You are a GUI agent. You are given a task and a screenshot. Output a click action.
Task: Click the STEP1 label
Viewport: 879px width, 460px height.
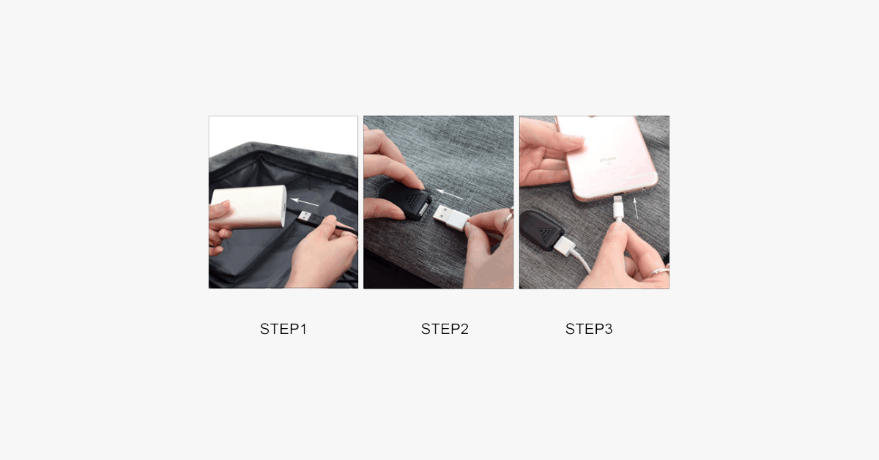[x=283, y=329]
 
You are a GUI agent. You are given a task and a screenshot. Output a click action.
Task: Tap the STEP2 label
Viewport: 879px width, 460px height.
[x=445, y=329]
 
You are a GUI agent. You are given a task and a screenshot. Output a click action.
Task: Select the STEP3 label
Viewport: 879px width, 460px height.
[x=589, y=329]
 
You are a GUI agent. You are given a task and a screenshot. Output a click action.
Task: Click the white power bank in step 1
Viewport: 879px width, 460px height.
[x=250, y=207]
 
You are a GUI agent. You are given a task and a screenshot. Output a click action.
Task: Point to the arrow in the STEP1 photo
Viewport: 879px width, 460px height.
[x=305, y=202]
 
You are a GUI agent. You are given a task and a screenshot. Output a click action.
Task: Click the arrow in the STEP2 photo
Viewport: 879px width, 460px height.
[x=449, y=194]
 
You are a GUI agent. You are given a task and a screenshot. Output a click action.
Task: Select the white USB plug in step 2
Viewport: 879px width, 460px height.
[x=450, y=217]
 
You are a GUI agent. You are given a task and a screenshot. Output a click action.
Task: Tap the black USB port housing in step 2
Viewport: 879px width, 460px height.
[x=406, y=199]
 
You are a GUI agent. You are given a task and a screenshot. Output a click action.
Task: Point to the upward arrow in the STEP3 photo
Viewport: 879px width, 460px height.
[x=636, y=208]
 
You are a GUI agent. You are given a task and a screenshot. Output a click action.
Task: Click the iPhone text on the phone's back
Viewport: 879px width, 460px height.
[x=608, y=160]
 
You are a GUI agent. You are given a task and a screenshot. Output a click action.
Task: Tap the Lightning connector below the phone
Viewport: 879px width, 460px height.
[x=618, y=208]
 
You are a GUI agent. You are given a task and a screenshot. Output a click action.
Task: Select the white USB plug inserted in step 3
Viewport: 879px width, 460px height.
[x=565, y=245]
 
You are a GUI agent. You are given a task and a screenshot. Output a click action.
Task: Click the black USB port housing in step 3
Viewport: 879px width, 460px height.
[x=542, y=230]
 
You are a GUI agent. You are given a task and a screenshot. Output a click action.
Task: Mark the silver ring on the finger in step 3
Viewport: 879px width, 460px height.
[x=659, y=271]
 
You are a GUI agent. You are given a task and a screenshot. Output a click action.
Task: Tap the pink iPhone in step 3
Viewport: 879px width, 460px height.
[x=607, y=157]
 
